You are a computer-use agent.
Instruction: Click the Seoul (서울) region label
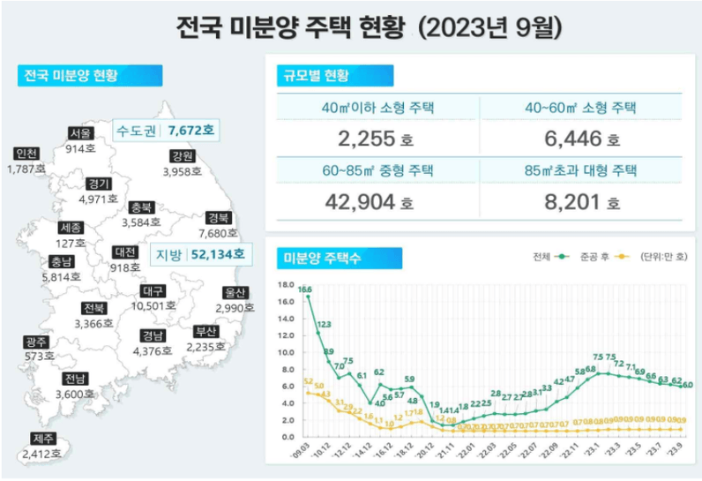[80, 133]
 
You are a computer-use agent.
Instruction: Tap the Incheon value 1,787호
[26, 168]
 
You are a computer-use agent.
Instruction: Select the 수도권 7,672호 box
[167, 132]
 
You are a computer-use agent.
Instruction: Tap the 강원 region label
[183, 156]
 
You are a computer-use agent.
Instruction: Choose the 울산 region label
[235, 292]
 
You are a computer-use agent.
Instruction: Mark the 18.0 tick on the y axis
[284, 285]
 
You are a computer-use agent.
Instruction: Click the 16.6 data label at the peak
[305, 289]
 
